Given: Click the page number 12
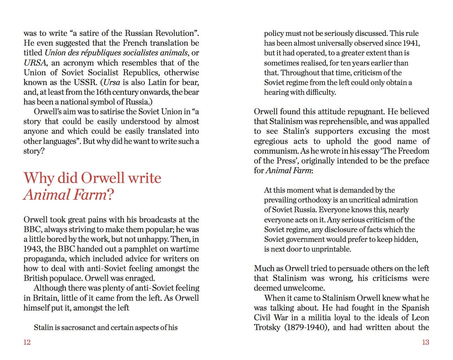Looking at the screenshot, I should pos(27,342).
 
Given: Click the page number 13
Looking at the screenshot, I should pos(425,342).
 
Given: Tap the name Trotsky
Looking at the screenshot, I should pos(267,328).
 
